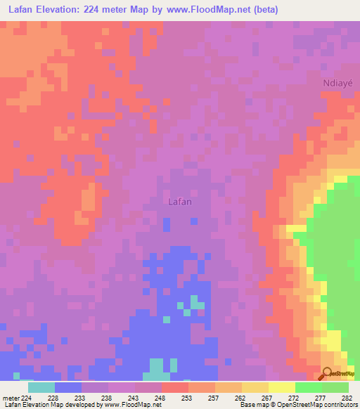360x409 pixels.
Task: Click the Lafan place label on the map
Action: coord(181,201)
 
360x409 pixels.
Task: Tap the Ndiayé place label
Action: coord(337,82)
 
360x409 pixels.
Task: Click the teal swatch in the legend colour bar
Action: coord(41,387)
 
